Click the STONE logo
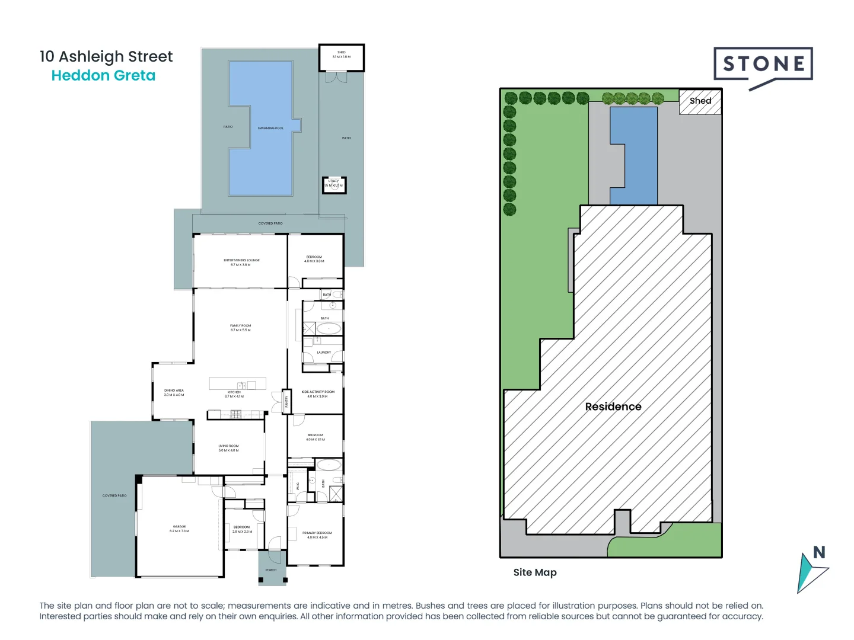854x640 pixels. coord(763,65)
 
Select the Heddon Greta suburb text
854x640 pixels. coord(103,76)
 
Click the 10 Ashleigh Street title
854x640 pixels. coord(106,56)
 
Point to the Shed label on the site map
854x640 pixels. coord(700,101)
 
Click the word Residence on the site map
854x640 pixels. coord(613,407)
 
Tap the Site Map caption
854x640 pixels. coord(535,572)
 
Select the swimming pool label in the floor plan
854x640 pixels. coord(270,128)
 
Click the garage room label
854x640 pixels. coord(179,529)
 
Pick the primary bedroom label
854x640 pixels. coord(317,535)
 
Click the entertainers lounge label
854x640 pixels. coord(241,263)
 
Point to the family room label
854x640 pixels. coord(241,328)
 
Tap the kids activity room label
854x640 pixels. coord(318,394)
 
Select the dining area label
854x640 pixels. coord(174,393)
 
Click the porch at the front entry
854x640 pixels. coord(272,570)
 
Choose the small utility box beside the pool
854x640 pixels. coord(334,185)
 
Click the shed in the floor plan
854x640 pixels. coord(342,57)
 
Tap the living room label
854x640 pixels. coord(228,448)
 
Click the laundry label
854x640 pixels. coord(324,353)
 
